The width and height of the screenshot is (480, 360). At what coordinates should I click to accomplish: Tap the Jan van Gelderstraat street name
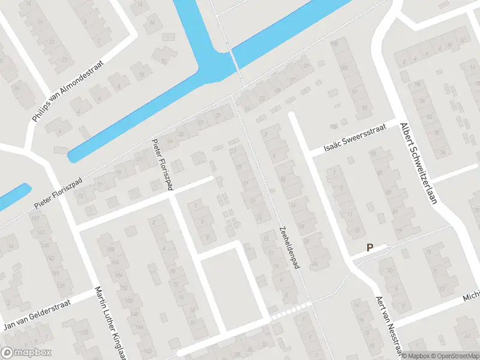[x=37, y=315]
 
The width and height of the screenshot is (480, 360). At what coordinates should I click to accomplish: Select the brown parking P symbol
[x=370, y=247]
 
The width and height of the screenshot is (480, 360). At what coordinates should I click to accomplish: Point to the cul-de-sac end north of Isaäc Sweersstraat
[x=292, y=115]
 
